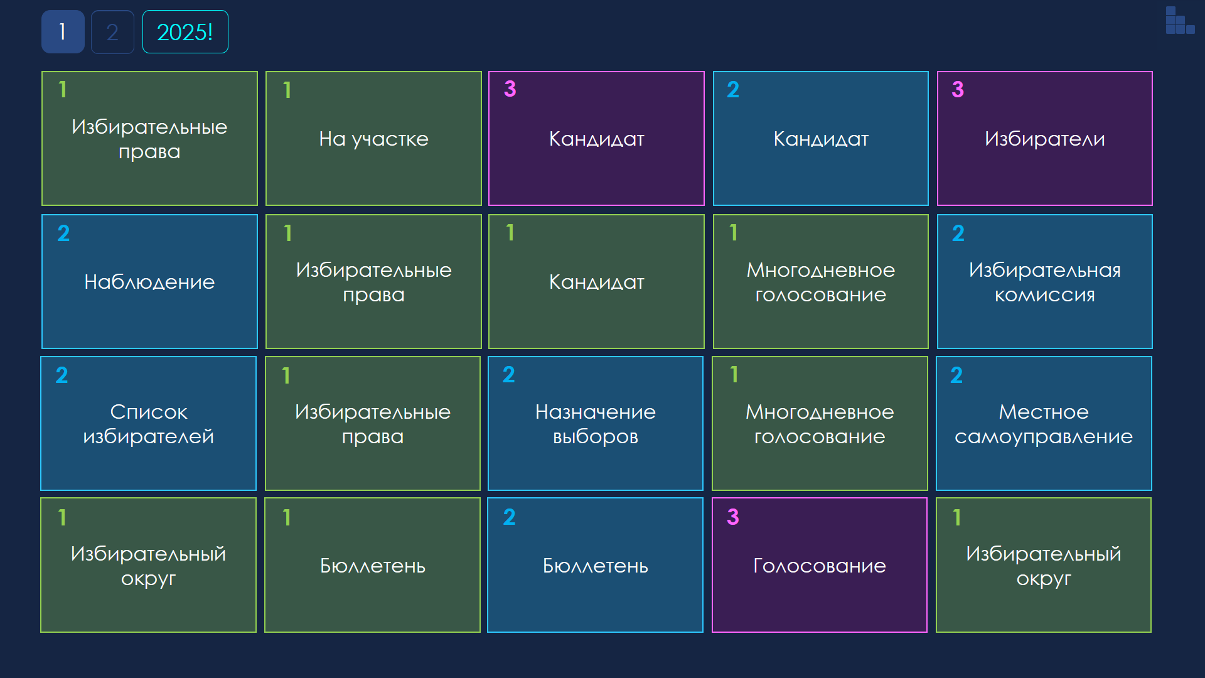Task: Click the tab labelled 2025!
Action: pyautogui.click(x=185, y=32)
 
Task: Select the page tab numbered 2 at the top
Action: pyautogui.click(x=112, y=32)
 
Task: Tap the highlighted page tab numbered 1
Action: pyautogui.click(x=63, y=32)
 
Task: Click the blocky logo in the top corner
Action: pyautogui.click(x=1180, y=20)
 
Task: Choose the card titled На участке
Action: pyautogui.click(x=373, y=138)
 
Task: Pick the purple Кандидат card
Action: pyautogui.click(x=596, y=138)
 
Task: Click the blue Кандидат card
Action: pyautogui.click(x=821, y=138)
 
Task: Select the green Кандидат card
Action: pyautogui.click(x=596, y=281)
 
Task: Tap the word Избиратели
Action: pyautogui.click(x=1045, y=139)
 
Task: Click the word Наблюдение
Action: pyautogui.click(x=149, y=282)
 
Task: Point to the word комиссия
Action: pyautogui.click(x=1045, y=294)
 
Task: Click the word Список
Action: pyautogui.click(x=149, y=412)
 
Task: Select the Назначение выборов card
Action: pyautogui.click(x=596, y=423)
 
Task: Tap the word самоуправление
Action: pyautogui.click(x=1044, y=437)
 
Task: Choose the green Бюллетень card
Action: pyautogui.click(x=373, y=565)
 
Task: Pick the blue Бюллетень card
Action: pyautogui.click(x=596, y=565)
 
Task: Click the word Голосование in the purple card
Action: pyautogui.click(x=820, y=566)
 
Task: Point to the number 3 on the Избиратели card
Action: pyautogui.click(x=958, y=89)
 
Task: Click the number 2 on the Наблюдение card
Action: pyautogui.click(x=63, y=233)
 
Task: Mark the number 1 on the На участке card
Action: pyautogui.click(x=287, y=90)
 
